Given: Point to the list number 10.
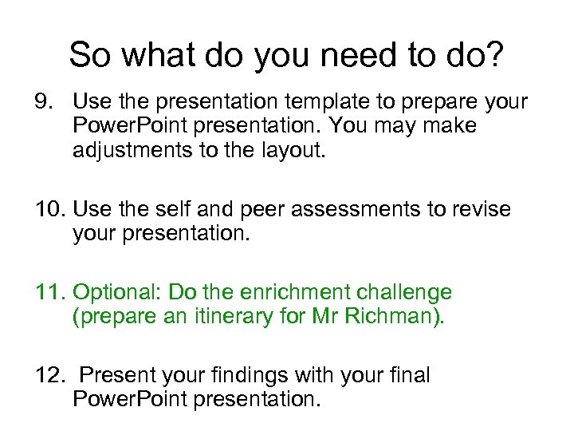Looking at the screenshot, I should pos(49,210).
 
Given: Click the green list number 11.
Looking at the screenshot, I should pos(49,293).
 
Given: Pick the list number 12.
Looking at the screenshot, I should pos(49,375).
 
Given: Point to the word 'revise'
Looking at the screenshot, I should pos(481,210).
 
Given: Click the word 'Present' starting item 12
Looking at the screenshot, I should pos(116,375).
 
